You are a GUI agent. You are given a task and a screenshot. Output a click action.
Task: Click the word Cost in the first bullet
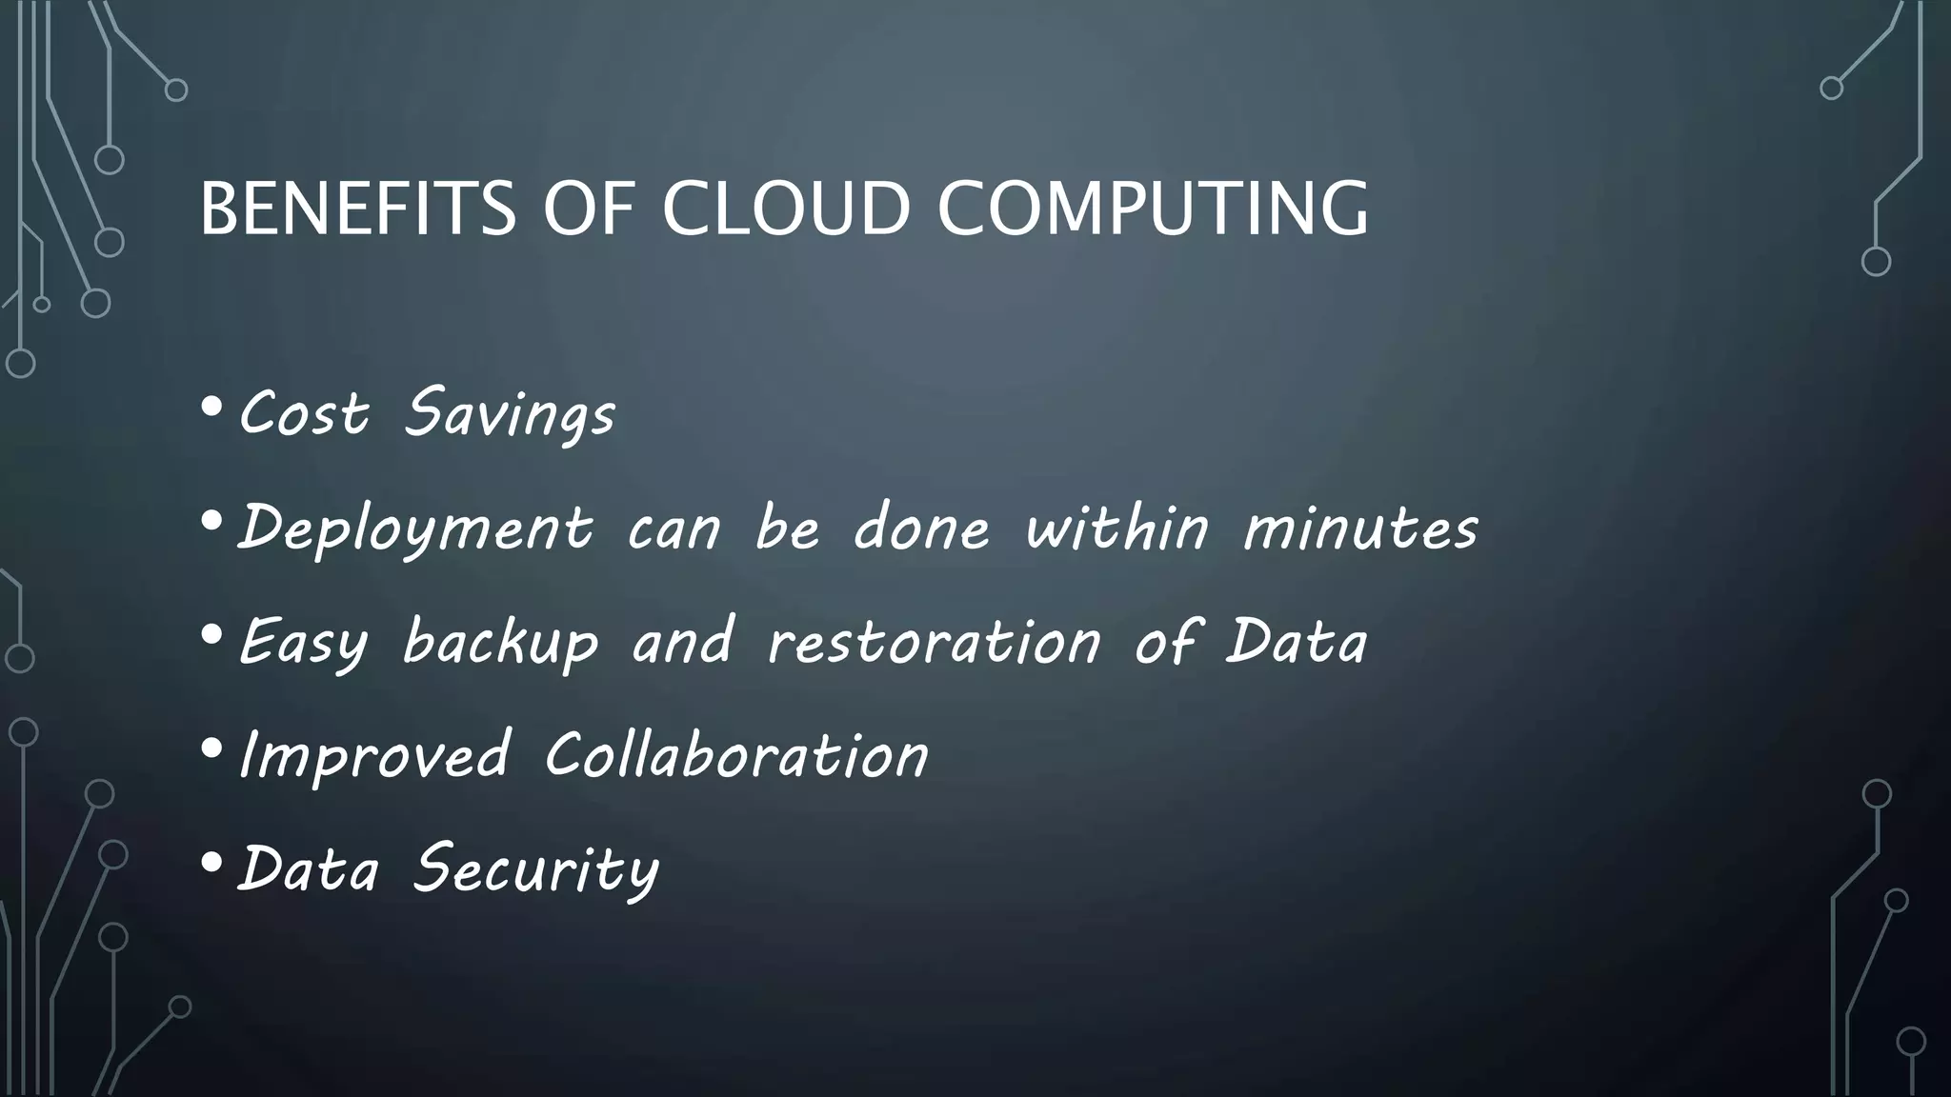303,414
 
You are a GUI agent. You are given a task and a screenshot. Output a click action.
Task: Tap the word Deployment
415,529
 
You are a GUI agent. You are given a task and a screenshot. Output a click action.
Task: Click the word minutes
1360,529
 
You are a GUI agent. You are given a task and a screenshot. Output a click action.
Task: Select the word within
1116,528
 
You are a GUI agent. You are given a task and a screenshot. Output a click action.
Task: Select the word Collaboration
736,755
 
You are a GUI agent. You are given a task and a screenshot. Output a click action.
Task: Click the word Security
535,869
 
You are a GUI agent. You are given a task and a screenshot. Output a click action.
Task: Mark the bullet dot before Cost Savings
212,408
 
